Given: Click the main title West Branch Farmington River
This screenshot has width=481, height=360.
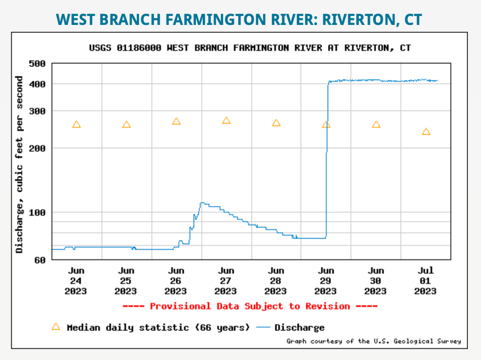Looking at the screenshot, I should pyautogui.click(x=240, y=19).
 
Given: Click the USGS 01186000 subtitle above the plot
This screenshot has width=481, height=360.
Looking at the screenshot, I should pyautogui.click(x=249, y=48).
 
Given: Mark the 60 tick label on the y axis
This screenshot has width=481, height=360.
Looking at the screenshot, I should pyautogui.click(x=39, y=260).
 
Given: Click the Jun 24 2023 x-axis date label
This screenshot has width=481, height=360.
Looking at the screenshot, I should pyautogui.click(x=76, y=281).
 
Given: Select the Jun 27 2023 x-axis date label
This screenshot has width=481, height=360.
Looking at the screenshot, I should pyautogui.click(x=226, y=281).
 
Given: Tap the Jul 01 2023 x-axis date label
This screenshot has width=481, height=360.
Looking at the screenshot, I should pyautogui.click(x=426, y=281).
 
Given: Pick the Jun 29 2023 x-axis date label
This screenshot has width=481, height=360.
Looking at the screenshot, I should pyautogui.click(x=326, y=281).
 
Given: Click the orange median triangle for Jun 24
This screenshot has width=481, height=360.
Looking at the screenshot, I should pyautogui.click(x=77, y=125).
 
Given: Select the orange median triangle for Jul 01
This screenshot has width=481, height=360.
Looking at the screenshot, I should pyautogui.click(x=426, y=132).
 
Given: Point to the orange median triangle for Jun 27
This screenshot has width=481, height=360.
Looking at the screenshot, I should pyautogui.click(x=226, y=120).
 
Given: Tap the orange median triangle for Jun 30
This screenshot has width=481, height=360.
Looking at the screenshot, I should pyautogui.click(x=376, y=125).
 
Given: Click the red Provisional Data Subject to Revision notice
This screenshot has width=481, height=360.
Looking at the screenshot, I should pyautogui.click(x=249, y=306).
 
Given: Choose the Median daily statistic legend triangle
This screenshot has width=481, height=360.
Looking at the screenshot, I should pyautogui.click(x=56, y=327).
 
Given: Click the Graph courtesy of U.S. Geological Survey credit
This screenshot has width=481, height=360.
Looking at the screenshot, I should pyautogui.click(x=373, y=341).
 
